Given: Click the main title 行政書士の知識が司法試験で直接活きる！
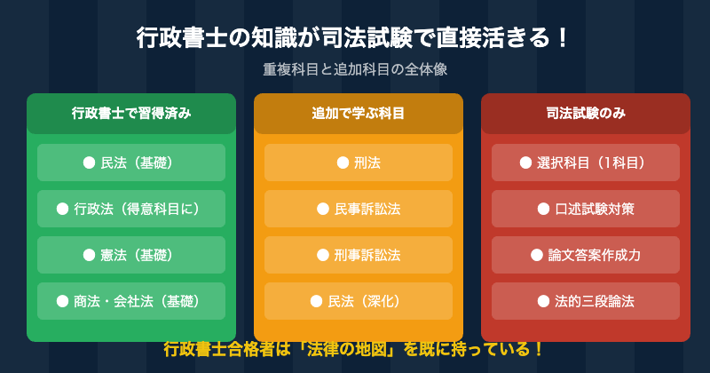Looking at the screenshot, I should click(x=354, y=39).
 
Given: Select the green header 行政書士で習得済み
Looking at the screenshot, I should click(x=131, y=114).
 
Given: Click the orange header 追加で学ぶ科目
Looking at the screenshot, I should click(x=359, y=114).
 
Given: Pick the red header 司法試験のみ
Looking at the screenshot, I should click(x=586, y=114).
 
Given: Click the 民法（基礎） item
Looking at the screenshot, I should click(x=131, y=163).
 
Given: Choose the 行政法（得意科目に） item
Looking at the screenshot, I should click(x=131, y=209).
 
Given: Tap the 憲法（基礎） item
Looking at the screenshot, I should click(x=131, y=255).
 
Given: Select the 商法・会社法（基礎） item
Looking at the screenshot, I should click(x=131, y=301).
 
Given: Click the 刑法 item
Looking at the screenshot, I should click(x=359, y=163).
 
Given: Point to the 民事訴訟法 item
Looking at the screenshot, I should click(x=359, y=209).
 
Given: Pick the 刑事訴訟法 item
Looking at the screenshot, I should click(x=359, y=255).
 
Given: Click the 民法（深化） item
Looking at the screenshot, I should click(x=359, y=301).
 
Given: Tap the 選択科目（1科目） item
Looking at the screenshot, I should click(x=586, y=163).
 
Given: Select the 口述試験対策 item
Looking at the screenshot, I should click(x=586, y=209).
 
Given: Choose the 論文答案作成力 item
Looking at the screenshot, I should click(x=586, y=255).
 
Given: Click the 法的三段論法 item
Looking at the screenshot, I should click(x=586, y=301).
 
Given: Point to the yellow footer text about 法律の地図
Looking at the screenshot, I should click(x=354, y=349).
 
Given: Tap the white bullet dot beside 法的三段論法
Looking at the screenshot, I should click(x=544, y=301).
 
